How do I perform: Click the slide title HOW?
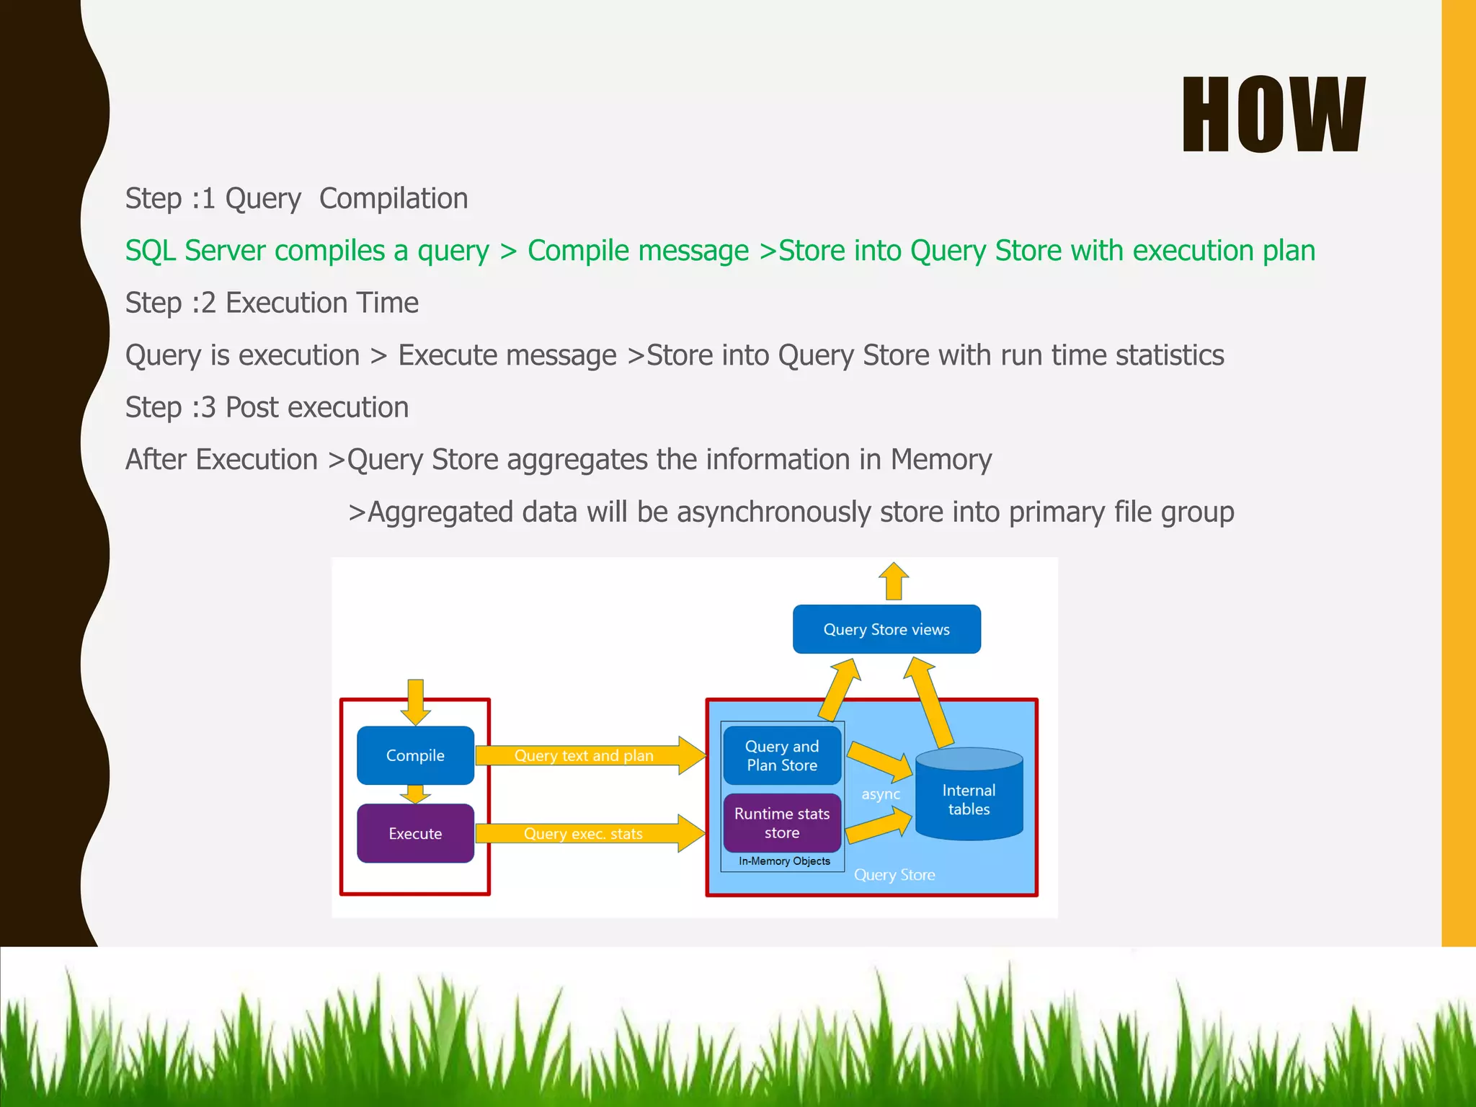pyautogui.click(x=1273, y=115)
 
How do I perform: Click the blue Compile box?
pyautogui.click(x=415, y=755)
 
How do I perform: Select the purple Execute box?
pyautogui.click(x=415, y=834)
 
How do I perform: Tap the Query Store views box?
pyautogui.click(x=886, y=629)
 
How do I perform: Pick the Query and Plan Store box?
pyautogui.click(x=782, y=755)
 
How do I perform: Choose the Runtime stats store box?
pyautogui.click(x=782, y=823)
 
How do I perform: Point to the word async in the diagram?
pyautogui.click(x=880, y=794)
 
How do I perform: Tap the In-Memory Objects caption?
pyautogui.click(x=784, y=861)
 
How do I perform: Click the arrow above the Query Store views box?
pyautogui.click(x=894, y=581)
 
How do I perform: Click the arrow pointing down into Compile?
pyautogui.click(x=416, y=701)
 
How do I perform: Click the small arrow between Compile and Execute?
pyautogui.click(x=415, y=794)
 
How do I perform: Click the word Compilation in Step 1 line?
pyautogui.click(x=394, y=198)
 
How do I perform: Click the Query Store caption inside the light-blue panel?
pyautogui.click(x=894, y=875)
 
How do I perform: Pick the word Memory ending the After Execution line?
pyautogui.click(x=941, y=460)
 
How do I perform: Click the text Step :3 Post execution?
pyautogui.click(x=267, y=408)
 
